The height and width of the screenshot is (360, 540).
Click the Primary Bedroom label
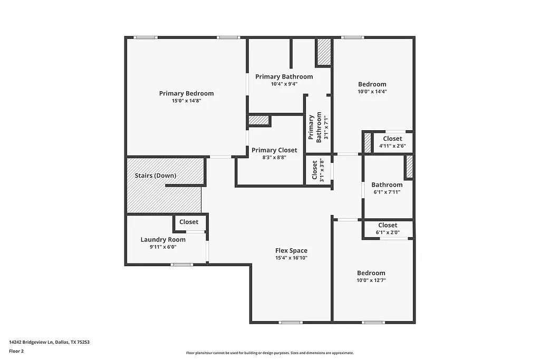186,93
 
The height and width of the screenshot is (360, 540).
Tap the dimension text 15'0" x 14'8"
186,101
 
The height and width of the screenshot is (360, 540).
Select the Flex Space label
291,250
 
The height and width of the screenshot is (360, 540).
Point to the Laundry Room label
163,239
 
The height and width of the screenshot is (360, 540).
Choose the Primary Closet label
274,150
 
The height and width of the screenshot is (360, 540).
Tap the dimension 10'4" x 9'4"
284,84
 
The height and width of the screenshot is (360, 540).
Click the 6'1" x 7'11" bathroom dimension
387,192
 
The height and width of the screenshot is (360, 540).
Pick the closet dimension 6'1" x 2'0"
388,232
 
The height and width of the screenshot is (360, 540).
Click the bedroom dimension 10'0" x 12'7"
371,280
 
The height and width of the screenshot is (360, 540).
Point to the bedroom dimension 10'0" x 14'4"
372,92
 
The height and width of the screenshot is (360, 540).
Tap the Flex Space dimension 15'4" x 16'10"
291,258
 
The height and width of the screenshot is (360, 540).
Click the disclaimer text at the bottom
269,353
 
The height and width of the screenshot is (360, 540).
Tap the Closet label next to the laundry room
189,222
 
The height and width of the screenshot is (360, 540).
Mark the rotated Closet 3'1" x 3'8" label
318,170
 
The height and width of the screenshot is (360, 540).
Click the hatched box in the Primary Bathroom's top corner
323,52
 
